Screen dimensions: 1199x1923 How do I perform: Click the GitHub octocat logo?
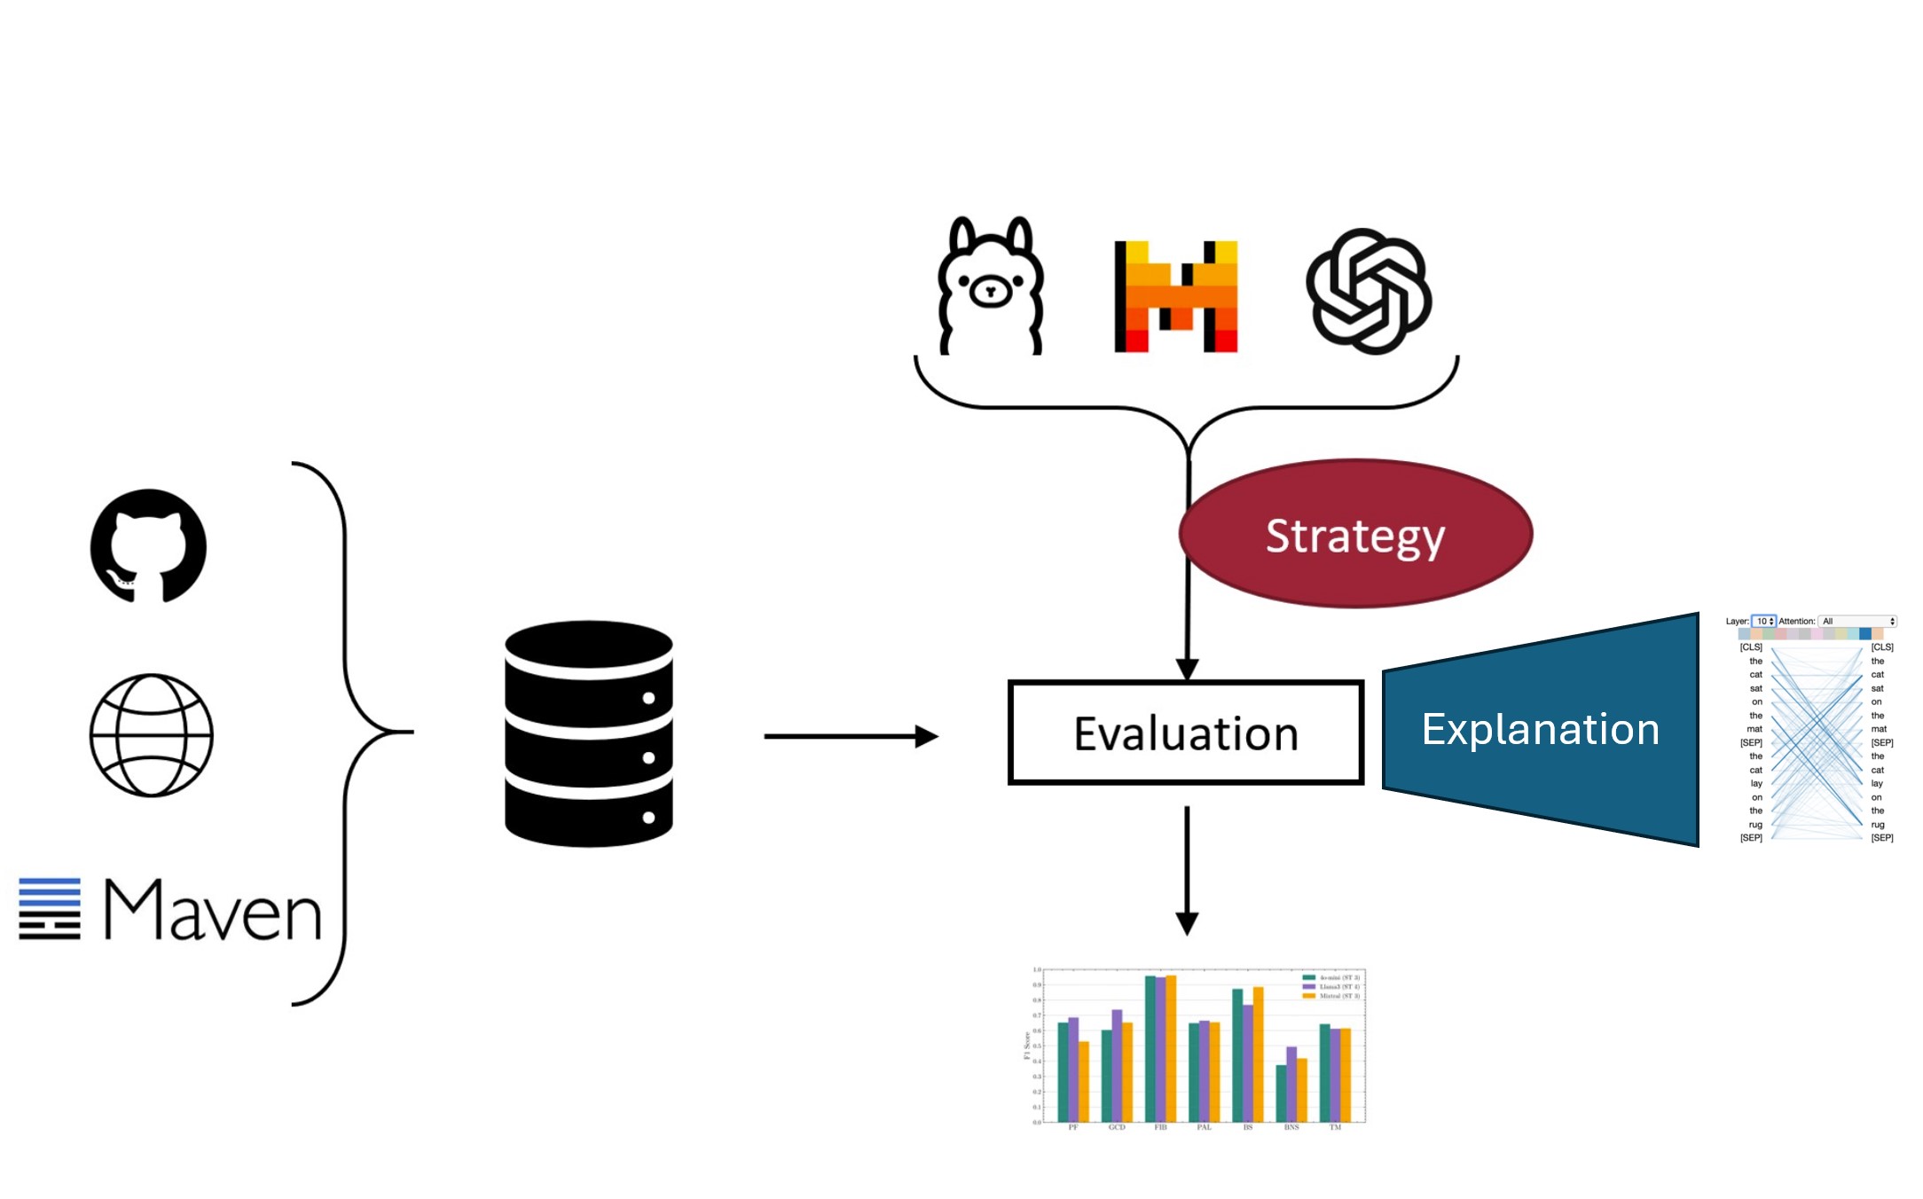pos(148,545)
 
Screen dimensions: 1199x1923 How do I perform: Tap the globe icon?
pos(152,735)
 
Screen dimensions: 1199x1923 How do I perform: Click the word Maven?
pos(213,911)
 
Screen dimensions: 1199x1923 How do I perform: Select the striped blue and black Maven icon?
pos(50,908)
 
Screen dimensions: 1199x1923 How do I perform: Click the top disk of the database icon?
pos(588,647)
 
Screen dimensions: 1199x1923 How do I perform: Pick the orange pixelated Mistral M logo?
pos(1175,296)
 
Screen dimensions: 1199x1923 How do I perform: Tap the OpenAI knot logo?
pos(1369,291)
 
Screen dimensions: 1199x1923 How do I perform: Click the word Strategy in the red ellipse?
pos(1354,536)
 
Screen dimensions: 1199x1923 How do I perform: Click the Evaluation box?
pos(1185,733)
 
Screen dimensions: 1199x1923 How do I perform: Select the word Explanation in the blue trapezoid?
pos(1540,729)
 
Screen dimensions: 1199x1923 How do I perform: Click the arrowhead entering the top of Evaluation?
pos(1187,670)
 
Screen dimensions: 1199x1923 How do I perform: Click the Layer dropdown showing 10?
pos(1763,621)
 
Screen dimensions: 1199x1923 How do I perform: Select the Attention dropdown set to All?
pos(1857,621)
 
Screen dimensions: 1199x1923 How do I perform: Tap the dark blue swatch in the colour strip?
pos(1865,634)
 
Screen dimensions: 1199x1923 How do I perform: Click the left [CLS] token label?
pos(1750,647)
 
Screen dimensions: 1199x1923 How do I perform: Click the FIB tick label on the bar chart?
pos(1160,1127)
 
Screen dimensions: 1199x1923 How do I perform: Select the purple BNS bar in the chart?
pos(1291,1084)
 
